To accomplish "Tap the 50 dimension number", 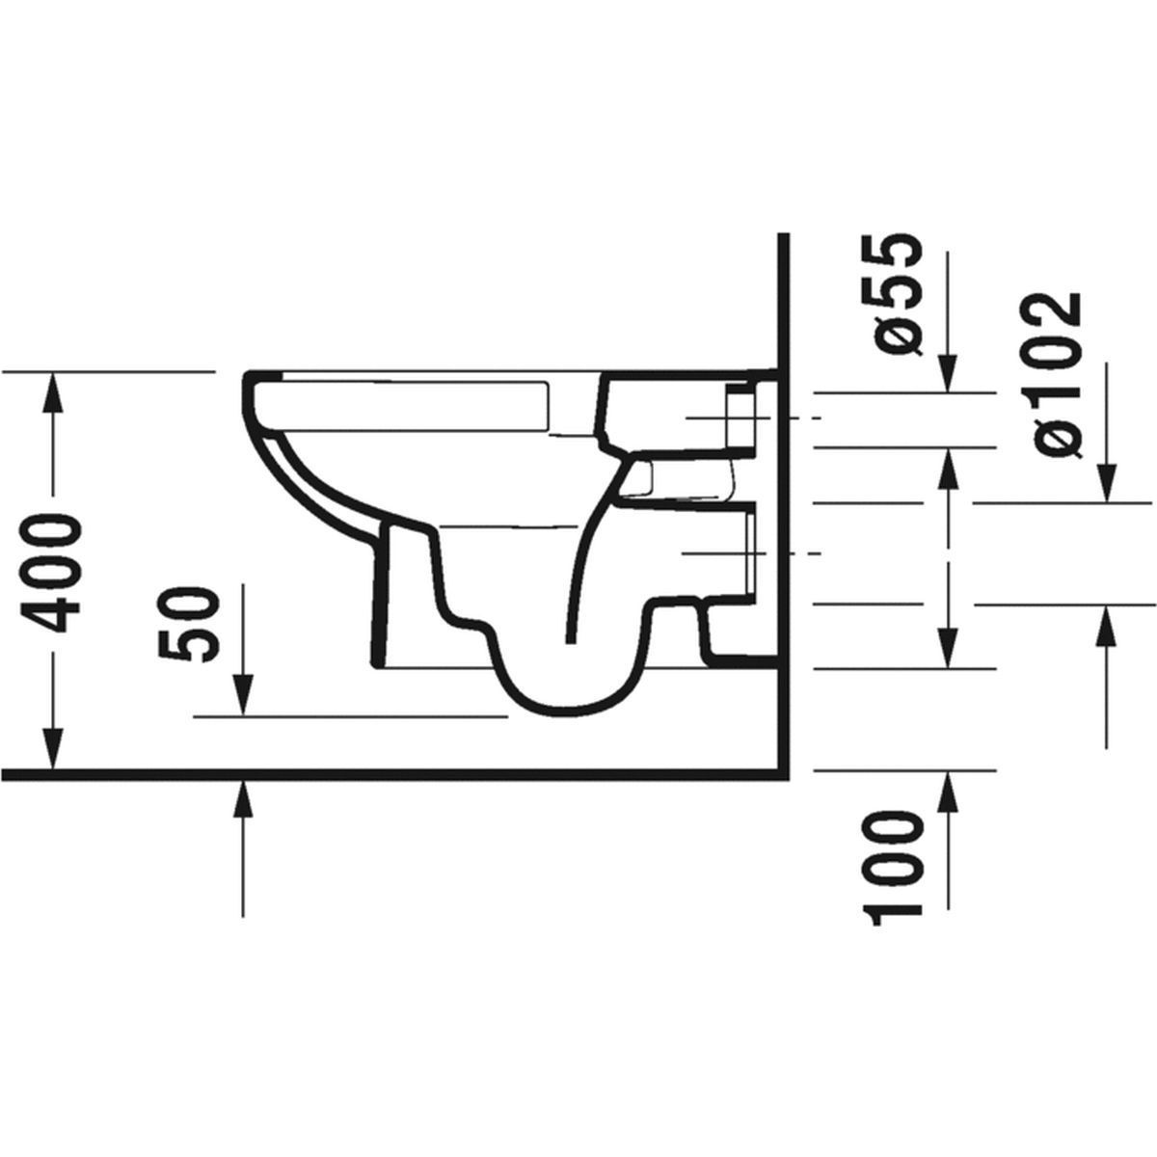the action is coord(187,625).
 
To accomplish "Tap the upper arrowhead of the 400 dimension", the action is coord(53,392).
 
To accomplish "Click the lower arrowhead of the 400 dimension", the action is coord(53,749).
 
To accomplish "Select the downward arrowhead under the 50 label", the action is coord(243,695).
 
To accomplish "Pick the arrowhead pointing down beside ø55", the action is coord(948,373).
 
